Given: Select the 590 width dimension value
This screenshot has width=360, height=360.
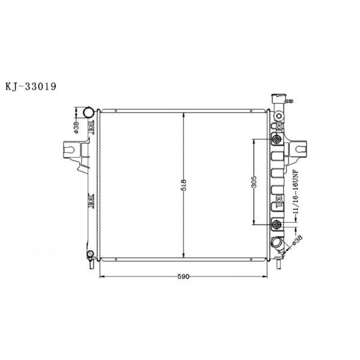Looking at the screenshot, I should tap(183, 277).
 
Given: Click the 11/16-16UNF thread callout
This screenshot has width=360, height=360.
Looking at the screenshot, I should tap(295, 194).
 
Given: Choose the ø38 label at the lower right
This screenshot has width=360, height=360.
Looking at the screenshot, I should tap(296, 240).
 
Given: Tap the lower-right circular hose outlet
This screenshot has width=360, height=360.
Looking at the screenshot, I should tap(278, 243).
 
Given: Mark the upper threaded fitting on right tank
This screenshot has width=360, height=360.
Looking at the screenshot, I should tap(277, 140).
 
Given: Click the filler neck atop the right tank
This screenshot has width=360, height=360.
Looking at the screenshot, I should tap(280, 99).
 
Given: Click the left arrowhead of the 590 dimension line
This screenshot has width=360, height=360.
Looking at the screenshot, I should tap(100, 277).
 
